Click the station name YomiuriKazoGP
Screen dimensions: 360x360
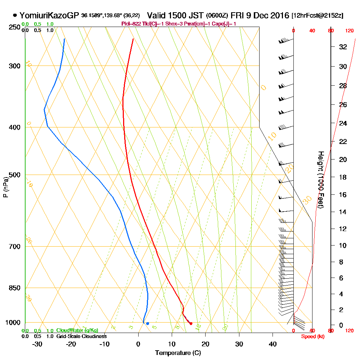pos(49,15)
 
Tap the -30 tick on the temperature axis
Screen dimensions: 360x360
pos(37,344)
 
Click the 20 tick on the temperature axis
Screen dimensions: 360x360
pos(206,344)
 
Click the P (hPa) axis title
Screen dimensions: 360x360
pos(5,187)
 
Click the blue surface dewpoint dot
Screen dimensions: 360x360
pos(148,323)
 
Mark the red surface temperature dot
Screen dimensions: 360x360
pos(191,323)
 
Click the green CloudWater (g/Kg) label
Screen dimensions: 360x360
pos(77,330)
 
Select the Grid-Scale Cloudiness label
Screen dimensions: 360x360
pos(81,336)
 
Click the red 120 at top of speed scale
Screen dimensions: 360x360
pos(349,31)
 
